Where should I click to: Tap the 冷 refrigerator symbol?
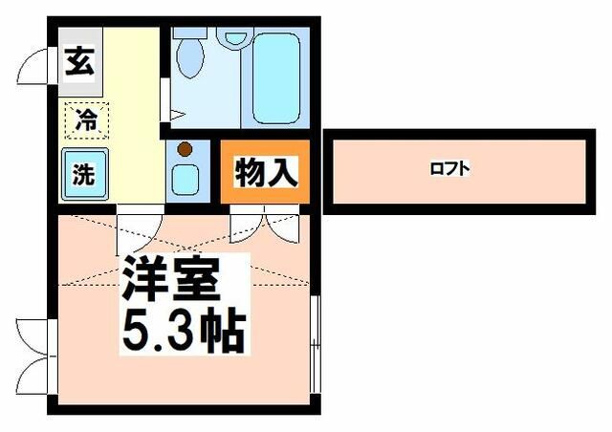tap(86, 119)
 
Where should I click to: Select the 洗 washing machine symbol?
tap(83, 174)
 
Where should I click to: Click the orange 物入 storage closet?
tap(266, 173)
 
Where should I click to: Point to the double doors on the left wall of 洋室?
tap(33, 354)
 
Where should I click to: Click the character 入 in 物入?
tap(283, 173)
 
